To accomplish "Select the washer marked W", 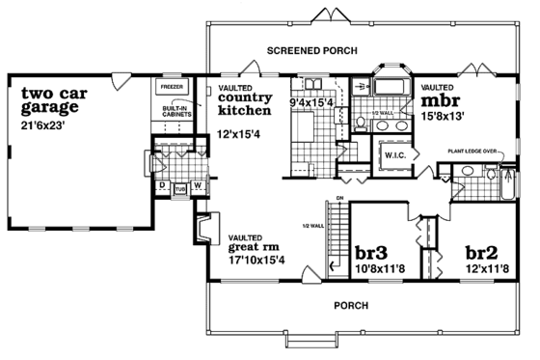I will [197, 184].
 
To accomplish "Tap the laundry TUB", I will [178, 188].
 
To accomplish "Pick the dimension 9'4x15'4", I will [312, 100].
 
